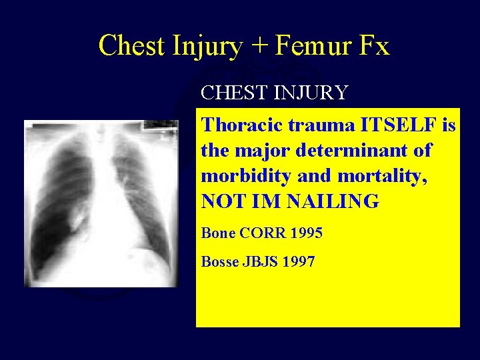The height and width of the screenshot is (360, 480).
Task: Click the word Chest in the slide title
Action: (x=131, y=46)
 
